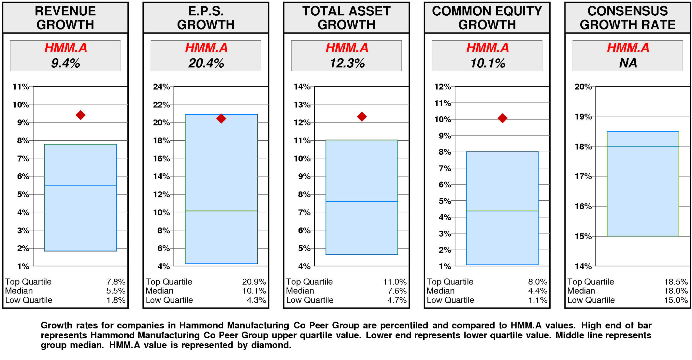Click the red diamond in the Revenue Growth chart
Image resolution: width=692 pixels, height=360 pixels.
pos(81,115)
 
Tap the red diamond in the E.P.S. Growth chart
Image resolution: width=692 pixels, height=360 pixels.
pos(221,118)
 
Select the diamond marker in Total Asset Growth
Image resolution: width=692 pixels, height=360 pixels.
pos(362,117)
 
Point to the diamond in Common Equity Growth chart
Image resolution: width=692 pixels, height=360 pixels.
pos(502,118)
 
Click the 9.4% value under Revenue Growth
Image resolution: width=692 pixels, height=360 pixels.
pos(65,63)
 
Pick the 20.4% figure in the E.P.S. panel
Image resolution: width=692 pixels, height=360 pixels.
pos(206,63)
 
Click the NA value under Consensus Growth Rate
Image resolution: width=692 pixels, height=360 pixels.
pos(628,63)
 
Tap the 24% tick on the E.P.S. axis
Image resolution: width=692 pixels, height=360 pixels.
pos(161,87)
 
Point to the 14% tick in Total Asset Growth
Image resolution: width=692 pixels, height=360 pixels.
pos(302,87)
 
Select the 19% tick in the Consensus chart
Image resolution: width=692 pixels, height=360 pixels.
pos(583,117)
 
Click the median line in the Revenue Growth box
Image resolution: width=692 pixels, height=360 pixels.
pos(81,185)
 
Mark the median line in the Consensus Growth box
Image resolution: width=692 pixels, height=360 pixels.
pos(643,146)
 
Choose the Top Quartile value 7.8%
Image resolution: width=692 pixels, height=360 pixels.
pos(116,282)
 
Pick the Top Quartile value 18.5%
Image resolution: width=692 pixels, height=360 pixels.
pos(676,282)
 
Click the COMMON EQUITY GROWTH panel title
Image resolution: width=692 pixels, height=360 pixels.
pos(487,18)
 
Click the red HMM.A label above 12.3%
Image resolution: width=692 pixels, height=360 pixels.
pos(347,48)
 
